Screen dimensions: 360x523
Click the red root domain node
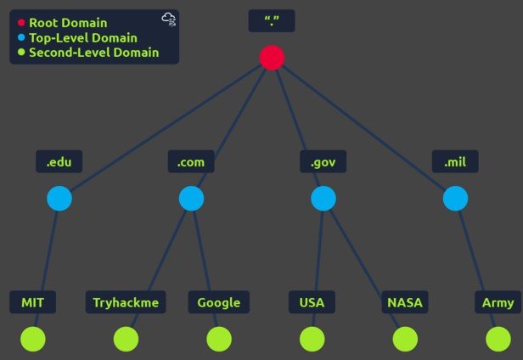(x=272, y=57)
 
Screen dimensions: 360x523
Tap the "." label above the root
(x=272, y=20)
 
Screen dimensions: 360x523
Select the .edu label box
(x=59, y=161)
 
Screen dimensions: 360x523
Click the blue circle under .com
(x=192, y=199)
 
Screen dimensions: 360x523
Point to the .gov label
(x=323, y=161)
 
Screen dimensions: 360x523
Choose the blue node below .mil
(x=456, y=199)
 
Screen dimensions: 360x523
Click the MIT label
(x=33, y=302)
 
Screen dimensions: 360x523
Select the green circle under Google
(x=219, y=339)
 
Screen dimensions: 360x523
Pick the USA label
(x=312, y=302)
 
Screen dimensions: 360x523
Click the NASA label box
(x=405, y=302)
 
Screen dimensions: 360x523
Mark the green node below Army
(x=498, y=339)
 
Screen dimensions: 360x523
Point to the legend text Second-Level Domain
(x=93, y=53)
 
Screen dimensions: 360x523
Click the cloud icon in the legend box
(x=168, y=20)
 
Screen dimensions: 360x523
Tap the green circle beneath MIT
(x=33, y=339)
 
